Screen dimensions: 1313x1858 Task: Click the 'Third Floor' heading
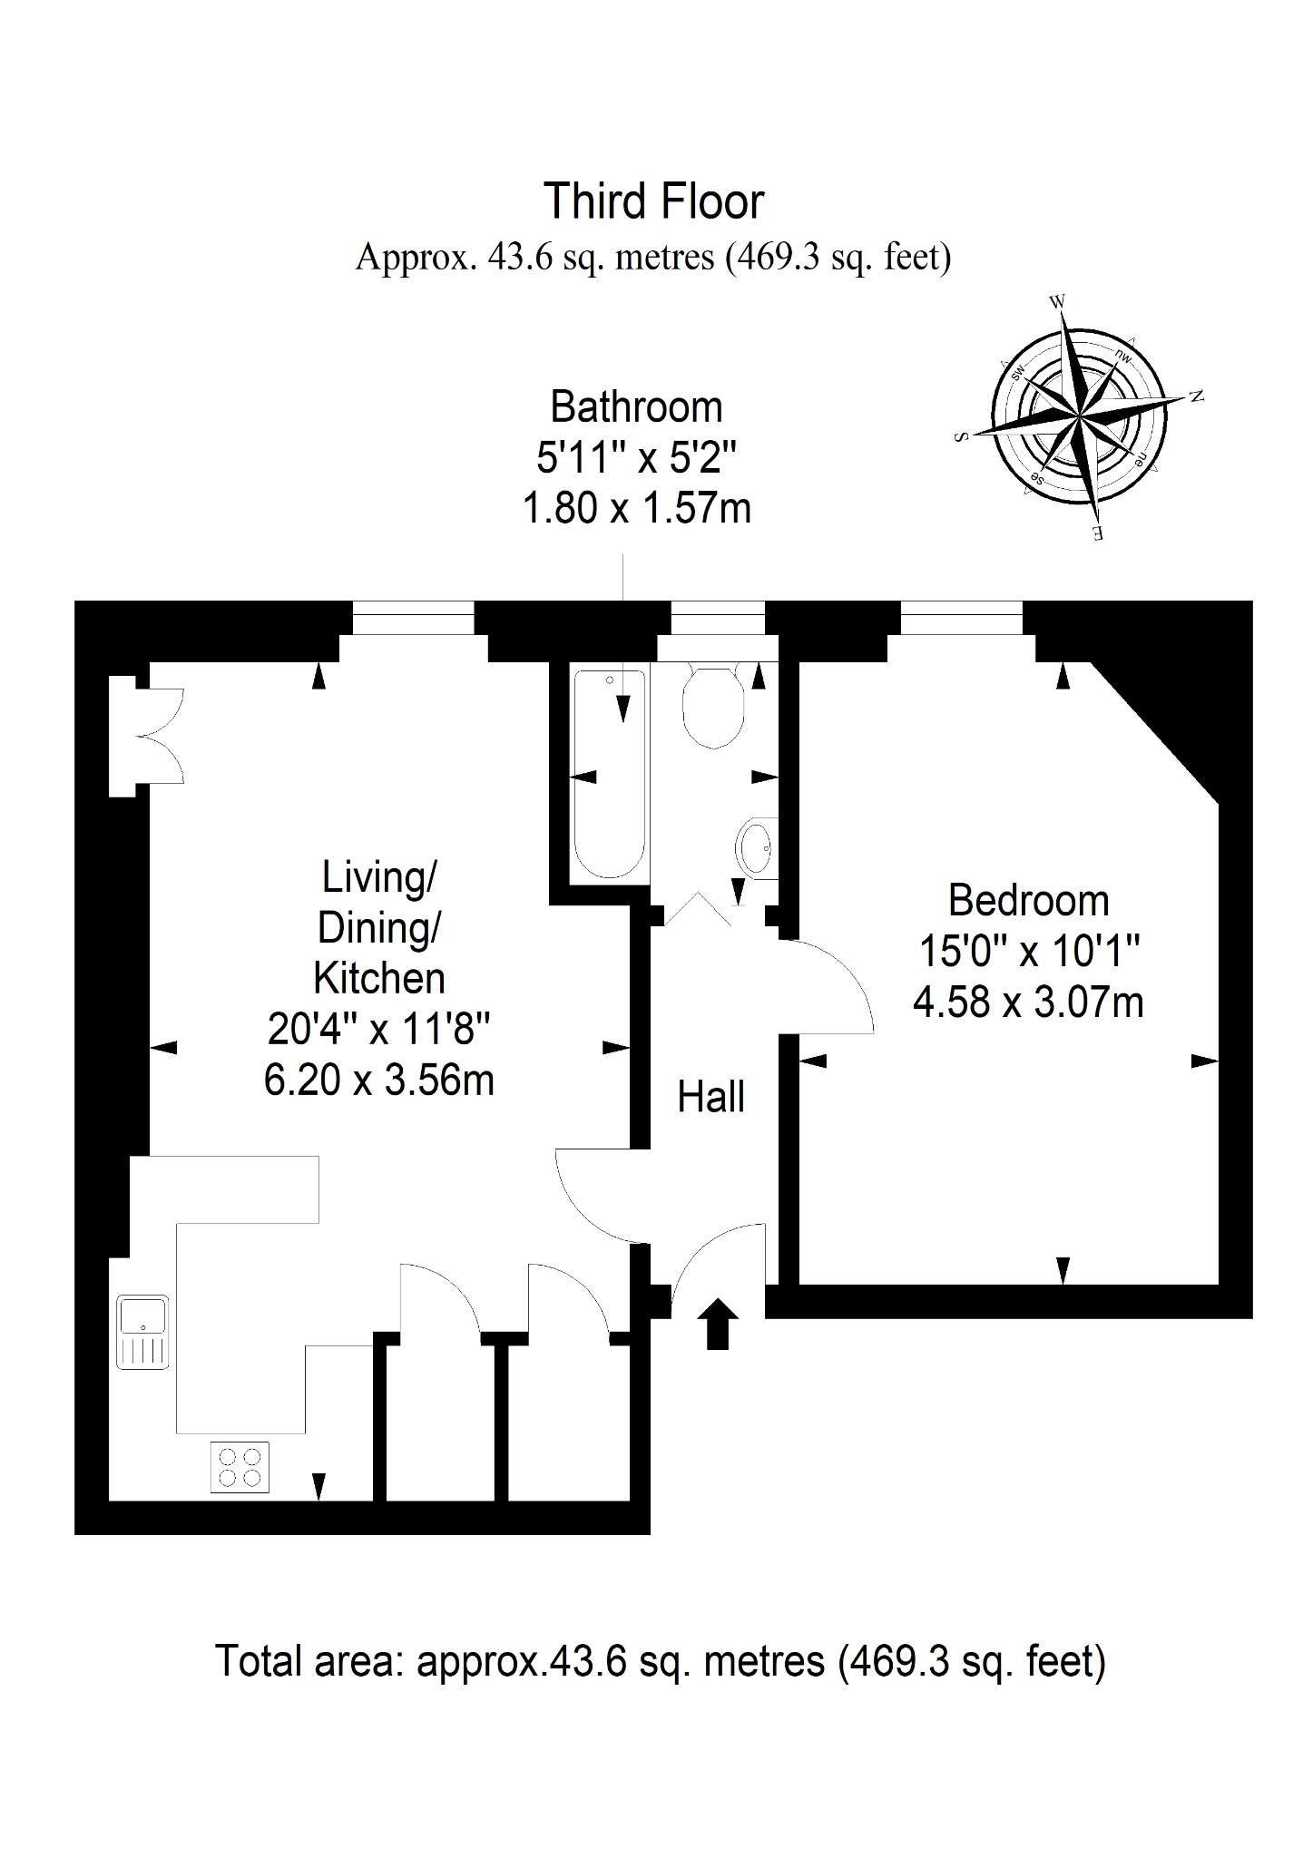pos(653,201)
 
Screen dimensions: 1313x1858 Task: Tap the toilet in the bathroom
pos(715,706)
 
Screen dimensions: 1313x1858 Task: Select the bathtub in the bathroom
pos(610,774)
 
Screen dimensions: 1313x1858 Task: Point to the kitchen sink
pos(142,1332)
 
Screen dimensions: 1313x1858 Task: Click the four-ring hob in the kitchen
pos(240,1467)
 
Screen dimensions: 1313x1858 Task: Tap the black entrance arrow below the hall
pos(718,1324)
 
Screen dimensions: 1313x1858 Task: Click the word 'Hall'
pos(710,1097)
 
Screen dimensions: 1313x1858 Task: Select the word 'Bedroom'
pos(1028,901)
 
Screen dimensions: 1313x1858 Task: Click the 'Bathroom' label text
pos(636,407)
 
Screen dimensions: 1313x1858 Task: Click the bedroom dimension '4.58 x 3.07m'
pos(1028,1002)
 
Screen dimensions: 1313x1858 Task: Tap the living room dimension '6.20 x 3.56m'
pos(379,1081)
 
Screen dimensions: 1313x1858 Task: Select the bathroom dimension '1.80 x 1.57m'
pos(636,508)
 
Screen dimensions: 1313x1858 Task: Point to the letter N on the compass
pos(1197,396)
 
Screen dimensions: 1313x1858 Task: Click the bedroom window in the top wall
pos(962,618)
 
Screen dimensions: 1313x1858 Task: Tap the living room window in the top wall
pos(413,618)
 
